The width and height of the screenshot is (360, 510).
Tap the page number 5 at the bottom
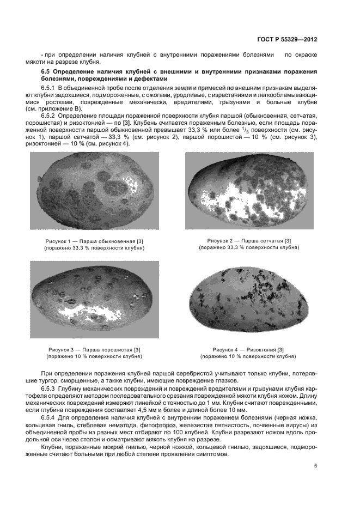click(x=315, y=466)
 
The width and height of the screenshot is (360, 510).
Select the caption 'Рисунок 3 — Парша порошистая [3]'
click(x=94, y=349)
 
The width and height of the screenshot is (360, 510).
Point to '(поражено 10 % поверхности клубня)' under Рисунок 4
click(x=248, y=356)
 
